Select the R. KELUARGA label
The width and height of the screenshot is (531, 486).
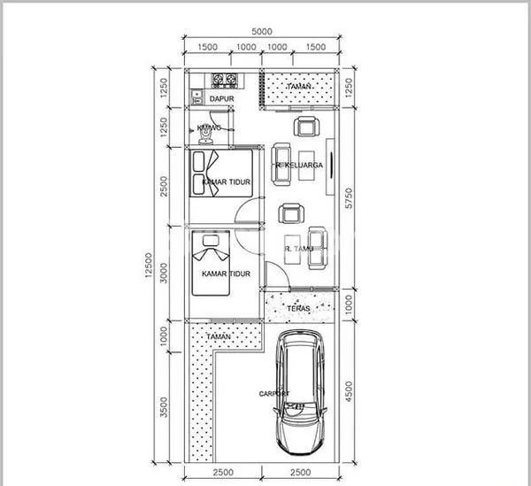point(299,165)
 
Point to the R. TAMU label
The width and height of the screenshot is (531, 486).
point(300,249)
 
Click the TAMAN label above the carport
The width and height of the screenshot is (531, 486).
point(218,337)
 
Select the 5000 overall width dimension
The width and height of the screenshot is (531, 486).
point(261,31)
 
